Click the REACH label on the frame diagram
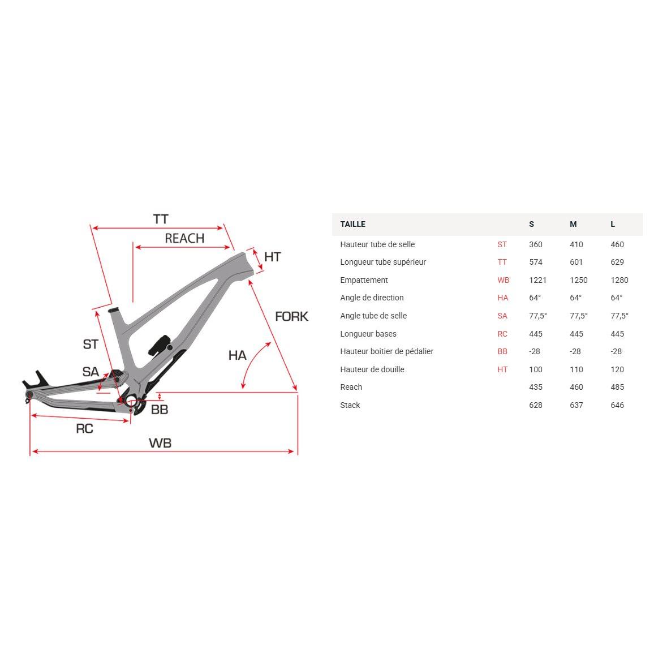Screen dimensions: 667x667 [x=184, y=238]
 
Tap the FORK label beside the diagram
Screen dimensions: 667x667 [x=291, y=316]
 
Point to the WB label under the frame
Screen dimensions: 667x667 [x=160, y=443]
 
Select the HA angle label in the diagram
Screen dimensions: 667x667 [x=237, y=355]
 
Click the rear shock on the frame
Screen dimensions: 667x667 [x=160, y=345]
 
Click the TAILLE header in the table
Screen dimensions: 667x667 [x=352, y=224]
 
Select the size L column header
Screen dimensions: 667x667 [x=613, y=224]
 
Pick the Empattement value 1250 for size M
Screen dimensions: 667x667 [x=578, y=280]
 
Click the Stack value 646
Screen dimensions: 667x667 [x=617, y=405]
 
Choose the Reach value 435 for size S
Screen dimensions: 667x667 [x=535, y=387]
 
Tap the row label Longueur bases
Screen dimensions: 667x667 [x=368, y=334]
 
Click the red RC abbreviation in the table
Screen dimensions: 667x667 [x=502, y=334]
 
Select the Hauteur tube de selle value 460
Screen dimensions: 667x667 [x=617, y=244]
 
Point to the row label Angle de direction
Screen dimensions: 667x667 [x=372, y=298]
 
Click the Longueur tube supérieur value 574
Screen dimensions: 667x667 [x=535, y=262]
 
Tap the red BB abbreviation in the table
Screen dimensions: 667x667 [x=502, y=351]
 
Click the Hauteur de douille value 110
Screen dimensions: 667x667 [x=576, y=369]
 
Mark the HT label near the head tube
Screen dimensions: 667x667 [x=272, y=257]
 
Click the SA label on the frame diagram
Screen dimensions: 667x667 [x=91, y=372]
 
